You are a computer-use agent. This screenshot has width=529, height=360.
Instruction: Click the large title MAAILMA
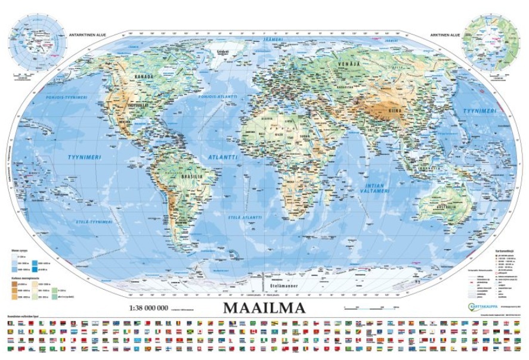[x=264, y=308]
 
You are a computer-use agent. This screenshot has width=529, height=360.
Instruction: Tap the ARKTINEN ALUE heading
[x=444, y=35]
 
